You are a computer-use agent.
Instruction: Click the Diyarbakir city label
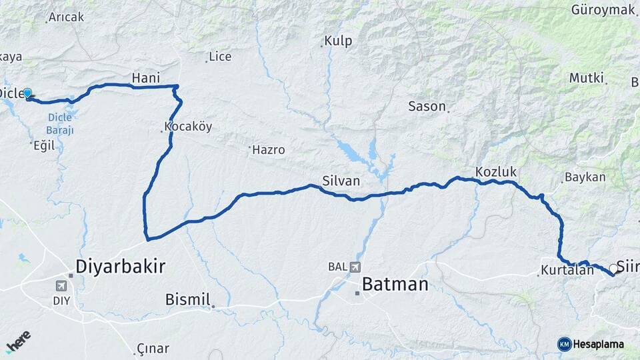coord(120,267)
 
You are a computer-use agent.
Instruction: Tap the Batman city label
coord(395,285)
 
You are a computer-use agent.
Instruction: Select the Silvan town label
coord(341,181)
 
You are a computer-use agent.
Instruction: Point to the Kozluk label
coord(496,172)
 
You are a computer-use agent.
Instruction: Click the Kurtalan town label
coord(567,271)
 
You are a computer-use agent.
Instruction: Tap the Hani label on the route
coord(146,78)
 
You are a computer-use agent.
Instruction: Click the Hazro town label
coord(268,150)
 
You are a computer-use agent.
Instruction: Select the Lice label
coord(220,57)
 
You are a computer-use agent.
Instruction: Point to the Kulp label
coord(337,41)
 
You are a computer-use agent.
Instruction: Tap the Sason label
coord(426,106)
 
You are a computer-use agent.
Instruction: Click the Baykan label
coord(585,177)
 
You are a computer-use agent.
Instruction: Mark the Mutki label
coord(586,78)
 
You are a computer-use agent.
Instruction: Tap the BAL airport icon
coord(354,267)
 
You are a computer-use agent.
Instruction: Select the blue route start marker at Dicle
coord(27,93)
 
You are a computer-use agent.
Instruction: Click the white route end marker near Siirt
coord(613,269)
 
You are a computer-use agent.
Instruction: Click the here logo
coord(18,341)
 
